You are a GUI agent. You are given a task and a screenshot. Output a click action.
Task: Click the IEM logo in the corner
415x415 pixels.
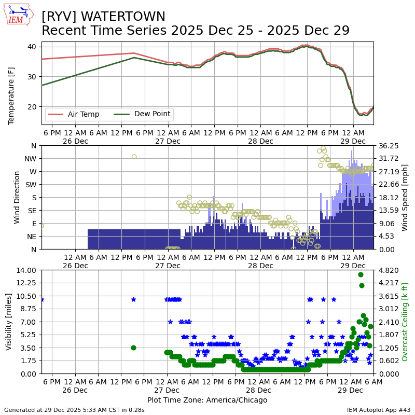[19, 15]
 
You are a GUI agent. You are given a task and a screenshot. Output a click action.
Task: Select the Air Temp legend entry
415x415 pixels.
[83, 114]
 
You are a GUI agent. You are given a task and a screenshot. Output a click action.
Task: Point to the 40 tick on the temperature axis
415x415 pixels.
[32, 47]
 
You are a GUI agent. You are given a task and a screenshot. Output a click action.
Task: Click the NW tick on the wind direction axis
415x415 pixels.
[31, 158]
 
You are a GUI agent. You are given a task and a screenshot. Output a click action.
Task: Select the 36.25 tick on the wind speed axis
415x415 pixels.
[386, 146]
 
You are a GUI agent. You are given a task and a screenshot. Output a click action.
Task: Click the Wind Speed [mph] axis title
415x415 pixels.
[405, 197]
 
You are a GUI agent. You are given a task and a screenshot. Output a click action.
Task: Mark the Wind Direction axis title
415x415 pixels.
[17, 197]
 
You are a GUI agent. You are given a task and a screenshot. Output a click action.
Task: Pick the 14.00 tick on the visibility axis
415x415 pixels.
[25, 270]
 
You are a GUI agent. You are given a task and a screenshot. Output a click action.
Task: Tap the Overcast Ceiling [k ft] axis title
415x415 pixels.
[405, 322]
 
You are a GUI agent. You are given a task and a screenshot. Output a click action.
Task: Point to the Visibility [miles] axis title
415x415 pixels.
[9, 322]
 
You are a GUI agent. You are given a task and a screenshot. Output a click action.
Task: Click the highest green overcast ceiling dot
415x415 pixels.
[361, 275]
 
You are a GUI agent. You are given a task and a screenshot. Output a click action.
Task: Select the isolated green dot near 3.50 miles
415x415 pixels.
[133, 348]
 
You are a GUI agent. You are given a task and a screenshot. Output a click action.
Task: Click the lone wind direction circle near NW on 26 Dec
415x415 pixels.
[134, 157]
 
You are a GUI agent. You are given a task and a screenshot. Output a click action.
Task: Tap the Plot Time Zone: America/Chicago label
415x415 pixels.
[207, 400]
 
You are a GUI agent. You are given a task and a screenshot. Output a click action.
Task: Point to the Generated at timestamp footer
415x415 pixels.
[74, 410]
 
